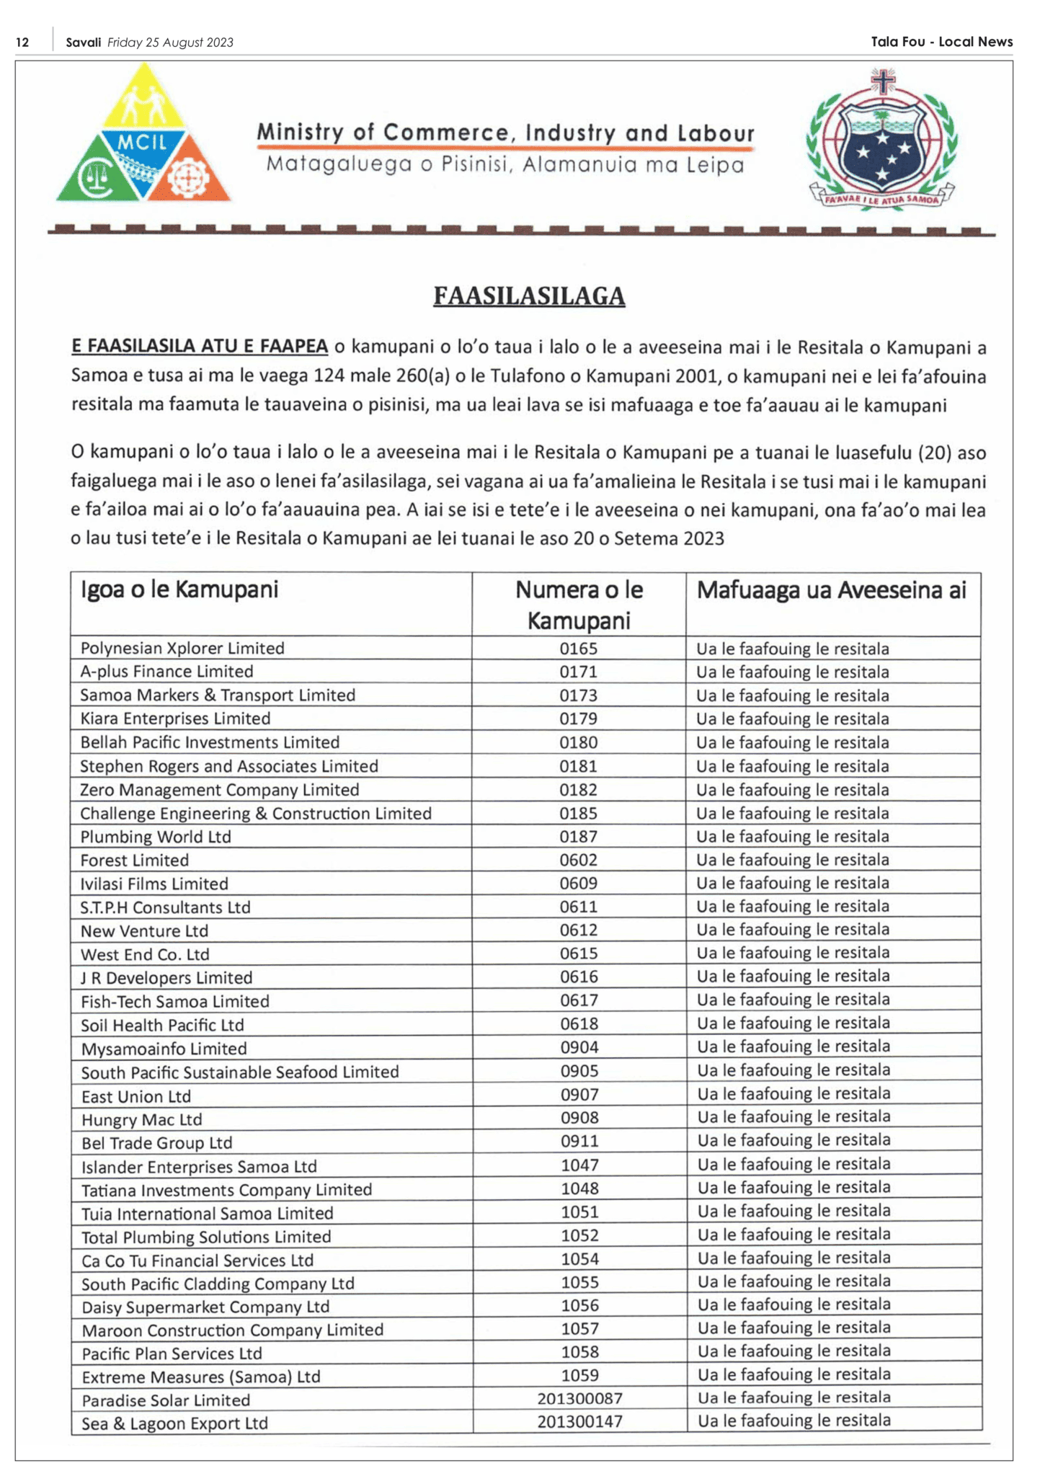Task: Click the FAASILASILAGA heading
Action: click(528, 296)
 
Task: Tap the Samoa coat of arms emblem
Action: click(881, 139)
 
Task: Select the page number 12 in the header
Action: click(22, 43)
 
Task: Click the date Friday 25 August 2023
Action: click(170, 43)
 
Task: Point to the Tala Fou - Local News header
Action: click(941, 42)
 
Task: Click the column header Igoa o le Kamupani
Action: click(179, 590)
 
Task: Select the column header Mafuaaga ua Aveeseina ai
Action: click(831, 590)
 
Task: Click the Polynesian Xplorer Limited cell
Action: click(182, 648)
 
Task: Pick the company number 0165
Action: click(579, 649)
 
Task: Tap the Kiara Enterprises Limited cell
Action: click(175, 719)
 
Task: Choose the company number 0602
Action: click(579, 860)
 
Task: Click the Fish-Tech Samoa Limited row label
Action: click(175, 1001)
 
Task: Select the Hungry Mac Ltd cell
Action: click(142, 1119)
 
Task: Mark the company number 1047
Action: click(579, 1165)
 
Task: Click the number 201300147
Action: click(579, 1422)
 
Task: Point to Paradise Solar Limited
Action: click(166, 1400)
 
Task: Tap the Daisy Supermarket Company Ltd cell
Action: click(205, 1307)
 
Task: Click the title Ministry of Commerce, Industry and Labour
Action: click(505, 133)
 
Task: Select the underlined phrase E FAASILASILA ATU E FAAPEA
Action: click(200, 347)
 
